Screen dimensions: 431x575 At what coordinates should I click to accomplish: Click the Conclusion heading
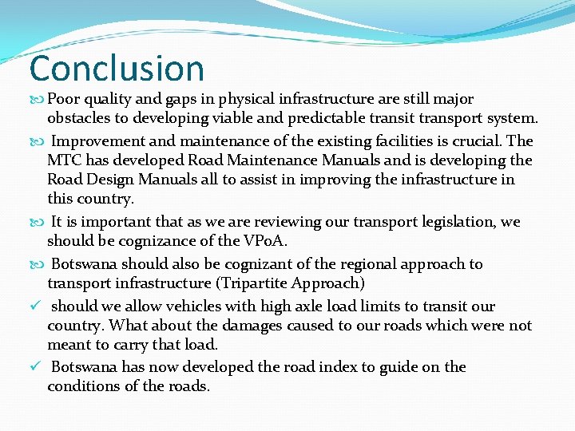117,69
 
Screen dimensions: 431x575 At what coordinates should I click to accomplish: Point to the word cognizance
151,240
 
